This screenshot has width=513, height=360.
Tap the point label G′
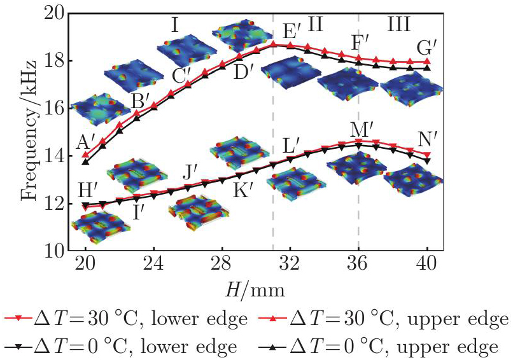point(426,47)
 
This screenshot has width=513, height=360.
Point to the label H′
point(88,189)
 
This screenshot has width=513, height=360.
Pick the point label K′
point(242,189)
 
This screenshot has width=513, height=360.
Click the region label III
point(398,25)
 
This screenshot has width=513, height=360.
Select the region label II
point(315,25)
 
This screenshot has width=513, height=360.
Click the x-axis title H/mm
point(255,289)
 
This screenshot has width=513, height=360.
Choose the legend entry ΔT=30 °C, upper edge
point(389,319)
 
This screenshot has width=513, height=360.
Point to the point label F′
point(362,45)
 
